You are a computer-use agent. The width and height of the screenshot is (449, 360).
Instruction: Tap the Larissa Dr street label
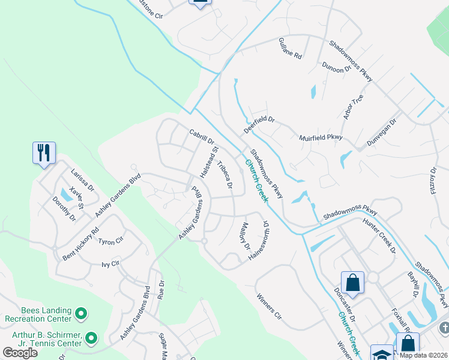(x=83, y=179)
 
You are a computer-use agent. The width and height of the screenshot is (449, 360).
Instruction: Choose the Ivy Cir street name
(x=111, y=263)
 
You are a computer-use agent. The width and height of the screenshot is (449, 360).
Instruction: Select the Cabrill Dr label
(x=202, y=138)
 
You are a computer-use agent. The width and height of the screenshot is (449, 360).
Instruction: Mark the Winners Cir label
(x=268, y=305)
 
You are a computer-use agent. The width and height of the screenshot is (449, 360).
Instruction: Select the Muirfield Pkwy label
(x=321, y=138)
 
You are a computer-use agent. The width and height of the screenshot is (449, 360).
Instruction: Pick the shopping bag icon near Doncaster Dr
(x=352, y=282)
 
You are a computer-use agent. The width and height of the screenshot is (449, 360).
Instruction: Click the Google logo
(x=20, y=353)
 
